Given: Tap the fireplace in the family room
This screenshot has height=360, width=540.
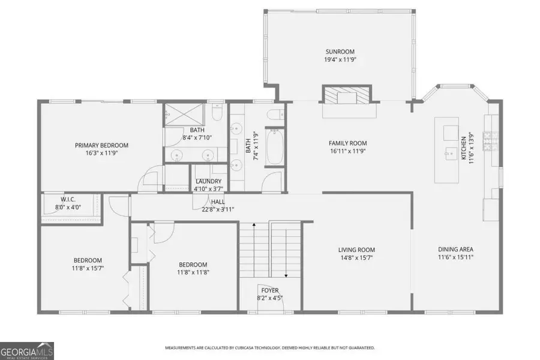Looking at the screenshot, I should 347,95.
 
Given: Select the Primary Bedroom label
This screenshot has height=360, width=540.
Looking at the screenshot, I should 101,145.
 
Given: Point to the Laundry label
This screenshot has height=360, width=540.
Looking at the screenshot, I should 208,181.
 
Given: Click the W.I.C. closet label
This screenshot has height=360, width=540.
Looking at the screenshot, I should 67,200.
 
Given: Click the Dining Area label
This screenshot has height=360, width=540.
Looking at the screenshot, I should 457,249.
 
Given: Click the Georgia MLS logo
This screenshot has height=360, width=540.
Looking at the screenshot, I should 26,350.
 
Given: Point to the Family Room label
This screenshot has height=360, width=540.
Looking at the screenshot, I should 347,143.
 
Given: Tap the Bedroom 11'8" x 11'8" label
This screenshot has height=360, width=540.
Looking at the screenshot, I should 193,265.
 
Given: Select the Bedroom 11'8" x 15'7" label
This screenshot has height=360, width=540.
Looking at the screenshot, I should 88,260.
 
